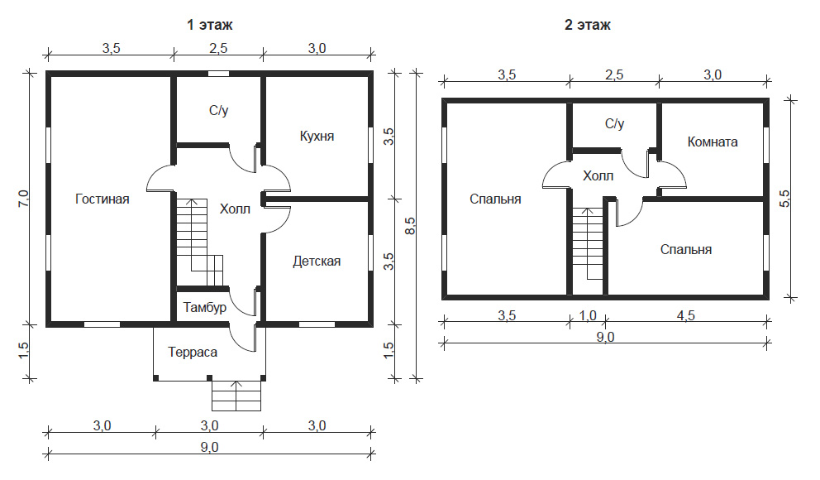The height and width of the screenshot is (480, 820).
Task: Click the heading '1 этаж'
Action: pos(210,25)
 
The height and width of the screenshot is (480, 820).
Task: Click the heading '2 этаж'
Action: pos(587,25)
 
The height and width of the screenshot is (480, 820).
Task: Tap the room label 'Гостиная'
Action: pos(102,199)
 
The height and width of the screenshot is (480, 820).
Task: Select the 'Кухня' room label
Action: pos(317,136)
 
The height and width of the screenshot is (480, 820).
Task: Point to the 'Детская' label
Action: pos(317,262)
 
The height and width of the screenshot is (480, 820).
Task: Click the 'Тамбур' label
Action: pos(205,307)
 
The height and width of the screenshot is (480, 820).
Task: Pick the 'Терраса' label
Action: pos(193,353)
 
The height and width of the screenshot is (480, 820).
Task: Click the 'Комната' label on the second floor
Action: pos(713,142)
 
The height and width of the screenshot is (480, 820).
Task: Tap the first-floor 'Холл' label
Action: pos(235,209)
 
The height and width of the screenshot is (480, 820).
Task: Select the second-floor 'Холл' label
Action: pos(598,176)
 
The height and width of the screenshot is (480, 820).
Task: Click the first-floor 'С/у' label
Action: pos(218,110)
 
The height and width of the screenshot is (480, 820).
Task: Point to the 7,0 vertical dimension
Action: pos(23,199)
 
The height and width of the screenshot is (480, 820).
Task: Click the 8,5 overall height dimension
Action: pos(410,225)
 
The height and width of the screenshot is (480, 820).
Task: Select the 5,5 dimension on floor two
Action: pos(784,199)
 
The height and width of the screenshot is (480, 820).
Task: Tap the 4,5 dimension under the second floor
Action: pos(685,315)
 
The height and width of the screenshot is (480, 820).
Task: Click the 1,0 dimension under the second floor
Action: pos(588,315)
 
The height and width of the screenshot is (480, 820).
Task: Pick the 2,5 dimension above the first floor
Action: pos(218,48)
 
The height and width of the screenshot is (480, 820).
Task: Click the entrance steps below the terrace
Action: pos(236,396)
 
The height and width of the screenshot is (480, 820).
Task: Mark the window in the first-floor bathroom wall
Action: pos(218,74)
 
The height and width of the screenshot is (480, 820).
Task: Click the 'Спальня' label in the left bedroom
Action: pos(495,199)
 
